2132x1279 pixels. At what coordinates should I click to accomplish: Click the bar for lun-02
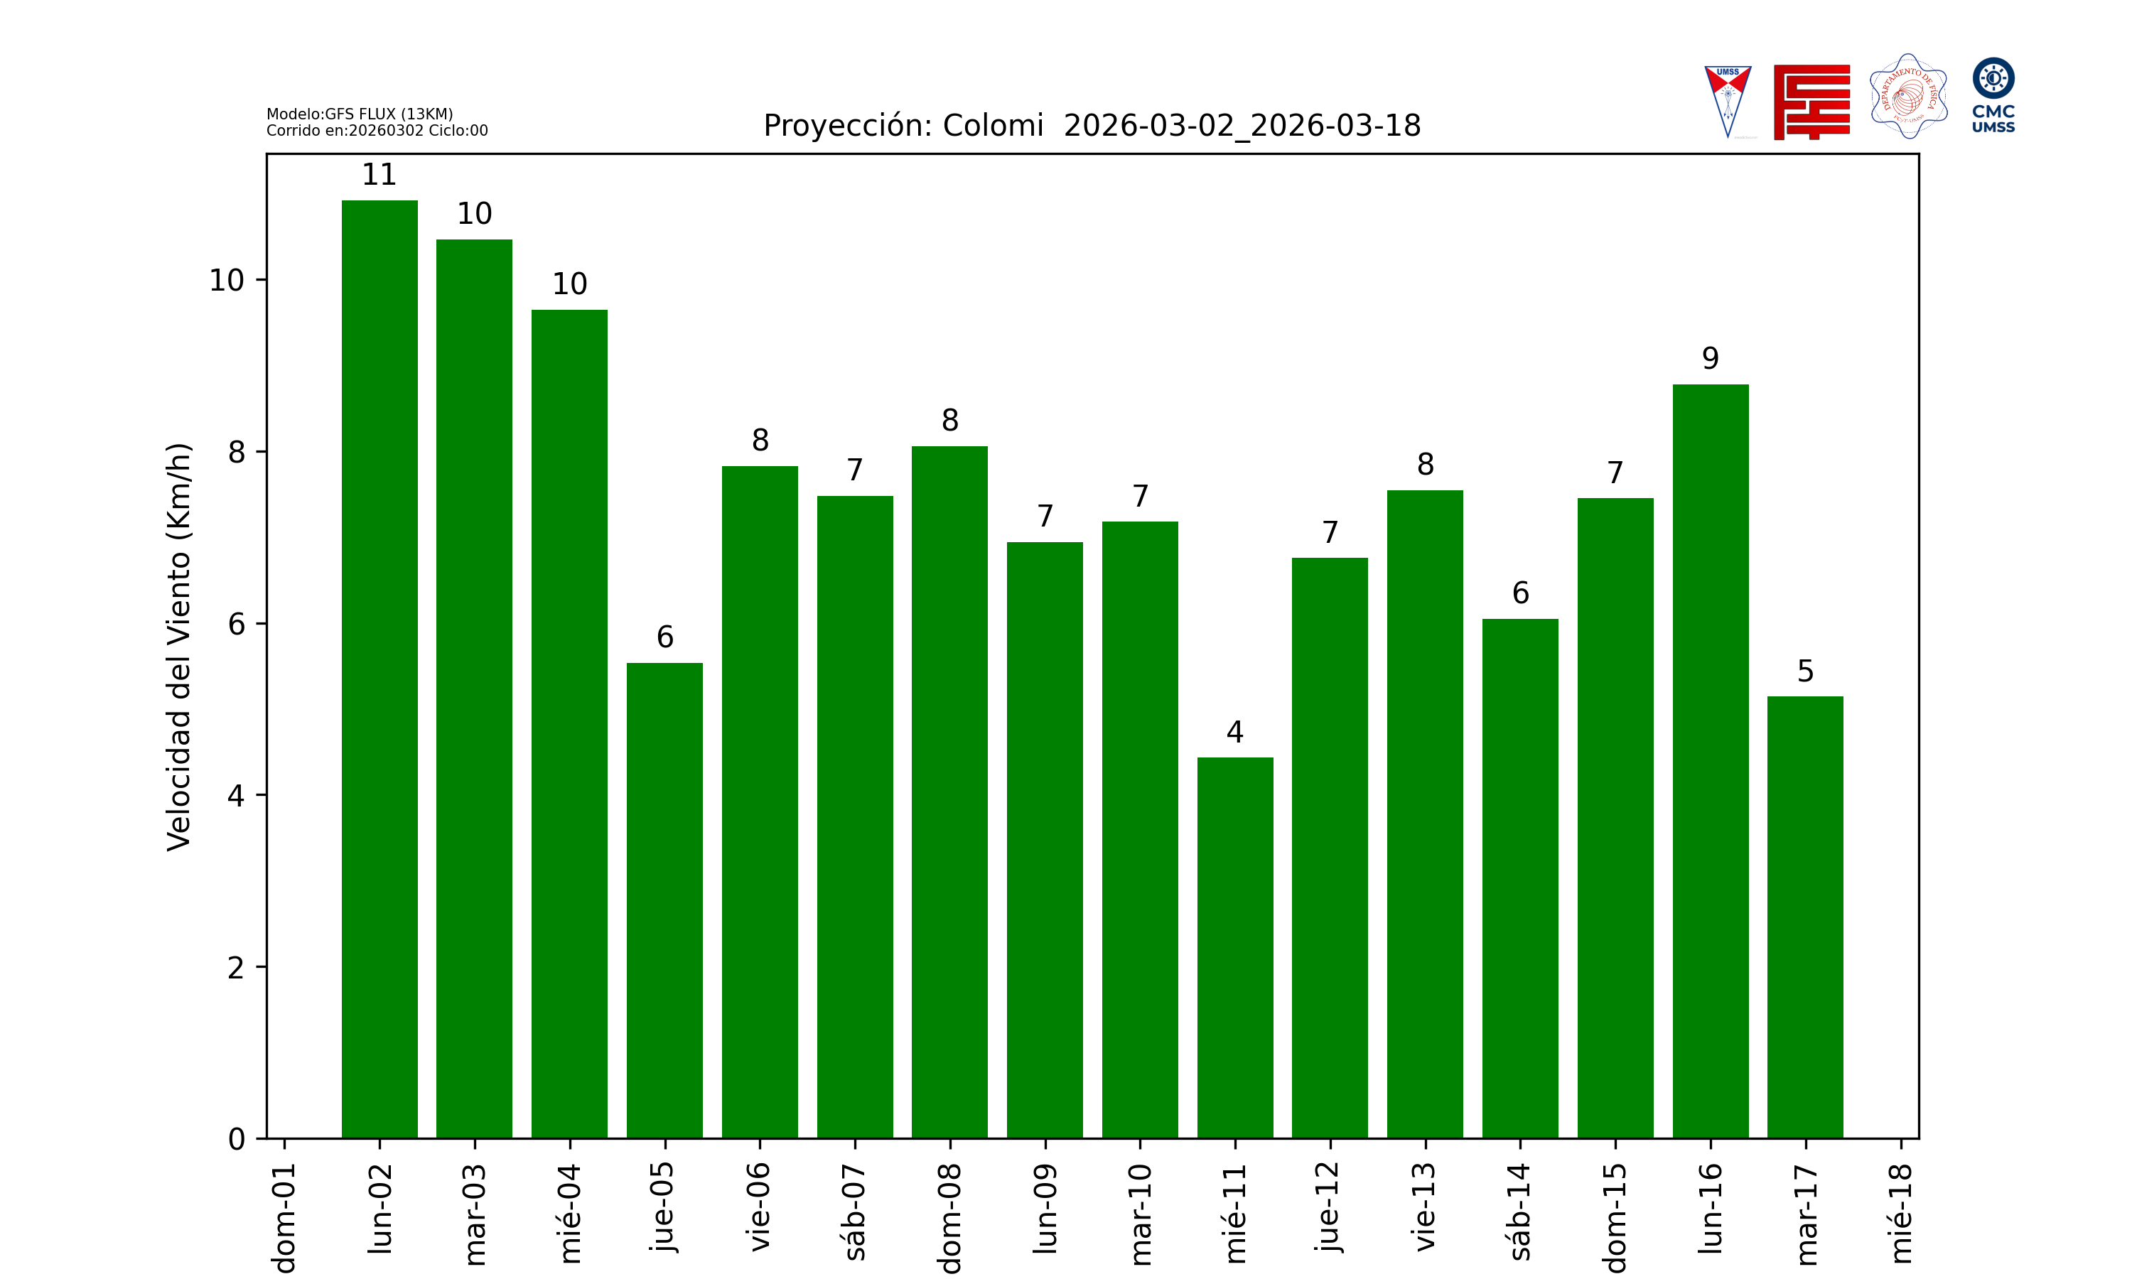(x=379, y=669)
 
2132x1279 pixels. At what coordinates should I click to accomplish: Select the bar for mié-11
(x=1235, y=947)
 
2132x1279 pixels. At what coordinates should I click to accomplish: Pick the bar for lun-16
(x=1710, y=761)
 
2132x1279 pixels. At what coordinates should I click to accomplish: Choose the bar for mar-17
(x=1804, y=917)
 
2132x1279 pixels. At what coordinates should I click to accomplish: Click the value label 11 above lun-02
(x=379, y=175)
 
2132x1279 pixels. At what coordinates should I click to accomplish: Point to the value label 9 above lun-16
(x=1710, y=359)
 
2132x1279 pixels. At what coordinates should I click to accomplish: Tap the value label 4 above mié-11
(x=1235, y=733)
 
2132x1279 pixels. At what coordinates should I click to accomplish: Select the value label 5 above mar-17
(x=1805, y=671)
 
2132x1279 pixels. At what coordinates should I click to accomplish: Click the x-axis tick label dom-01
(x=284, y=1217)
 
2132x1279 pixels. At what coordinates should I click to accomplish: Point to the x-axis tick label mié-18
(x=1900, y=1214)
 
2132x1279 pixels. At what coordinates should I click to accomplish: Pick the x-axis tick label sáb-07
(x=855, y=1211)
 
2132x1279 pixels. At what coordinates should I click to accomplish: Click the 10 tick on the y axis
(x=227, y=280)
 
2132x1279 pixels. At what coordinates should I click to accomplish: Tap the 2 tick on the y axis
(x=236, y=968)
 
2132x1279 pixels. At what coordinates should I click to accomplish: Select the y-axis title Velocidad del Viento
(x=178, y=647)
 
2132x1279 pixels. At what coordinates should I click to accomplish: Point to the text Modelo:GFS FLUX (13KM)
(x=360, y=114)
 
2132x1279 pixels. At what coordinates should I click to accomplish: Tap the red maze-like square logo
(x=1811, y=102)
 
